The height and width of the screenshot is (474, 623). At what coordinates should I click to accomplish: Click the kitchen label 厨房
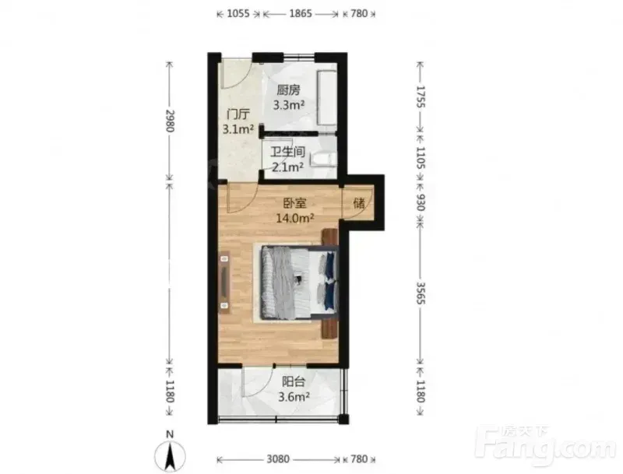288,90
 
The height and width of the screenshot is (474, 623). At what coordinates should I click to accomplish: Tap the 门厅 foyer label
238,114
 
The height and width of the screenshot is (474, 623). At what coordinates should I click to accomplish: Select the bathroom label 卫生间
287,152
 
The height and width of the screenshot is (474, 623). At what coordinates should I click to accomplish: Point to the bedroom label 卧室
294,203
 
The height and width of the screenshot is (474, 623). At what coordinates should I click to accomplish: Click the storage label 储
359,203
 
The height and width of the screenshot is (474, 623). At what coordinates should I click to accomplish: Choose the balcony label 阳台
294,381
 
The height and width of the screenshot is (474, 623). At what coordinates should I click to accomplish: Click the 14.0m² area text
295,218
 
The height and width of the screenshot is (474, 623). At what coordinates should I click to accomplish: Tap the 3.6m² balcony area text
294,396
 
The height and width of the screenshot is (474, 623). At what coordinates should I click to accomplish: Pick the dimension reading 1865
301,13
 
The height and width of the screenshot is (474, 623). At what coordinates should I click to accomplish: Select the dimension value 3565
421,293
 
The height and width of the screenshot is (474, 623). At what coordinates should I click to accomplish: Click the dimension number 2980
170,121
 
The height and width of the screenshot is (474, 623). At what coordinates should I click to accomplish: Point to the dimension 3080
278,459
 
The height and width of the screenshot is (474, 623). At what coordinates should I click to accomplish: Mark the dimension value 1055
238,13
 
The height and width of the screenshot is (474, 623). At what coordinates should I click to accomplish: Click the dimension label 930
421,202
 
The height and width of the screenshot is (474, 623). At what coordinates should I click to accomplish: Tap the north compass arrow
170,455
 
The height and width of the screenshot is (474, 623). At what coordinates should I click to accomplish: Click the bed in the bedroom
300,283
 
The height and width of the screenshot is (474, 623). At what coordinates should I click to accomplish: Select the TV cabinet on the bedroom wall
224,282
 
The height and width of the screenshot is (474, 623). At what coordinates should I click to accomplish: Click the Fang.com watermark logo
546,445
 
